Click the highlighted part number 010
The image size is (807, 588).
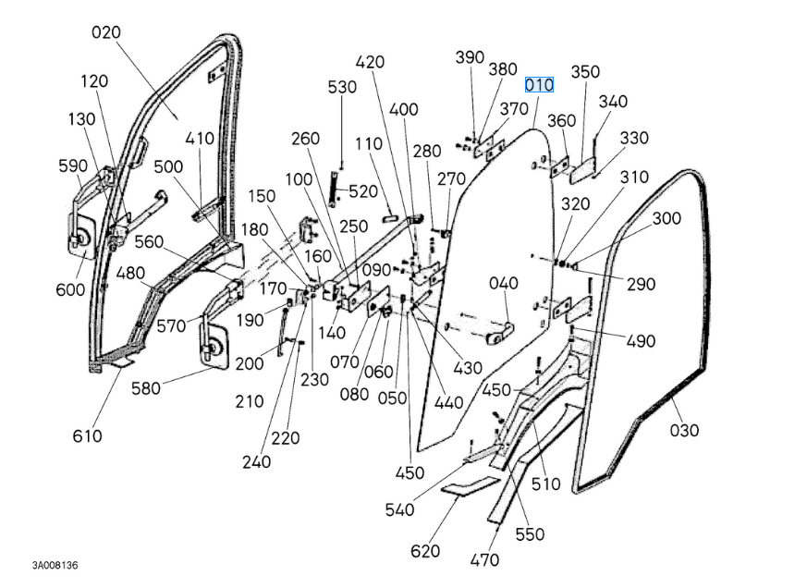point(539,85)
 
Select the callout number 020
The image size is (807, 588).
point(106,33)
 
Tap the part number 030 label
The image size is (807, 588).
point(684,430)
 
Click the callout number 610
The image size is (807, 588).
point(87,435)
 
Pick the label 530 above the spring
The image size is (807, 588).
point(342,87)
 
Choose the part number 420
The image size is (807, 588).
point(370,62)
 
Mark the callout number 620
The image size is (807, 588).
point(425,551)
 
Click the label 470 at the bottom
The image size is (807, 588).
point(484,559)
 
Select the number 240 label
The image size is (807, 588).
point(256,461)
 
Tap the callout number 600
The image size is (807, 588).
point(70,289)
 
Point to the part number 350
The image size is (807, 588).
point(584,72)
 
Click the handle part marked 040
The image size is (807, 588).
point(504,283)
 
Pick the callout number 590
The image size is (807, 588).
point(72,166)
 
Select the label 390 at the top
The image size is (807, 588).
point(470,57)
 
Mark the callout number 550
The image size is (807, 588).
point(530,534)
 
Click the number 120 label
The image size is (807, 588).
point(94,81)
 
